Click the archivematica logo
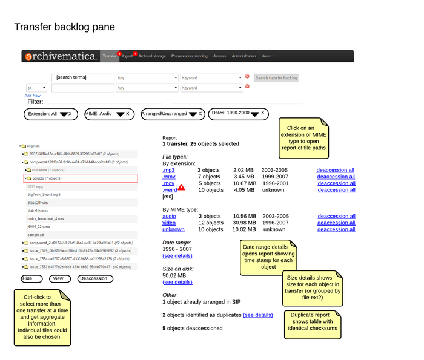[61, 56]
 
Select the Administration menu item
[243, 56]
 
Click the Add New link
[33, 96]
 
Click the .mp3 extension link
[168, 170]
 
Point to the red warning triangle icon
[182, 188]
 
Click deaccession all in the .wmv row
[336, 177]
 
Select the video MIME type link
[169, 223]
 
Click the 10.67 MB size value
[245, 183]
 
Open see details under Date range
[177, 256]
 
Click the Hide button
[28, 279]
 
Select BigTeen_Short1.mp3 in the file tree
[44, 195]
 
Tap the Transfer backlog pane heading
[64, 27]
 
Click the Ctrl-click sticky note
[42, 318]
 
